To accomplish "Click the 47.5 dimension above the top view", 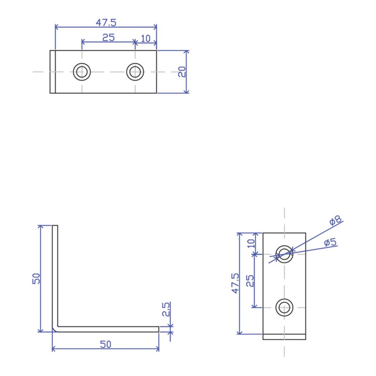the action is [106, 23].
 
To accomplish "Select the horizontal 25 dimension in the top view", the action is [108, 38].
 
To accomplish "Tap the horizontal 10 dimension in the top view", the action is [146, 38].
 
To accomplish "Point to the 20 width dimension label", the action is [182, 72].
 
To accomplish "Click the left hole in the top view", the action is [82, 63].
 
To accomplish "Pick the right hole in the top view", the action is [135, 63].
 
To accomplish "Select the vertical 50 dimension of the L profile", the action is [36, 279].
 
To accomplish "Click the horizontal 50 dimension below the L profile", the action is [106, 344].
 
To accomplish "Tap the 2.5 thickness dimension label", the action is [166, 309].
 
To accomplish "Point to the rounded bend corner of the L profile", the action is [55, 330].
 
